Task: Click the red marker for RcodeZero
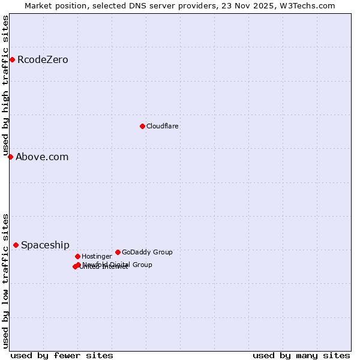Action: [12, 59]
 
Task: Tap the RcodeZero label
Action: [43, 59]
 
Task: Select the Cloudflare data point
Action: [142, 126]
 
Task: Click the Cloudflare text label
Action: [162, 126]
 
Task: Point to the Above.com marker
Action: [10, 157]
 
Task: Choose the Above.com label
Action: [42, 157]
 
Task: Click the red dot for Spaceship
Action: [16, 245]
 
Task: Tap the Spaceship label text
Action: [45, 245]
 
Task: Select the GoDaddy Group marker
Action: [118, 252]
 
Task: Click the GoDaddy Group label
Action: [147, 252]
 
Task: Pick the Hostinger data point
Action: [77, 256]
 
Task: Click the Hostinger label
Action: [97, 256]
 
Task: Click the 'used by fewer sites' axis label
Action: [62, 355]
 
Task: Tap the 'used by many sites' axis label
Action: [301, 355]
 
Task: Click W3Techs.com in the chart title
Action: [310, 5]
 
